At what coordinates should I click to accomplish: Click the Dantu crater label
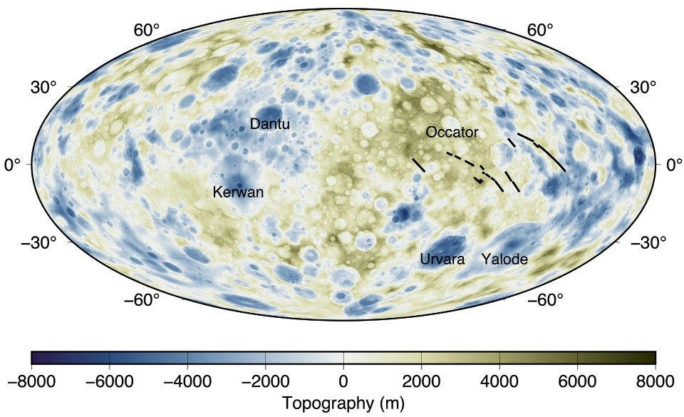(269, 124)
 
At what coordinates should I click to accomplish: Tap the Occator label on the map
(452, 133)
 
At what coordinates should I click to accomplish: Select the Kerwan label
(238, 192)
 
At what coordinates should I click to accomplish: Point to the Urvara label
(442, 259)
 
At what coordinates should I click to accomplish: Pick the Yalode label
(504, 259)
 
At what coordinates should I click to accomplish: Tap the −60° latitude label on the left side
(142, 299)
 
